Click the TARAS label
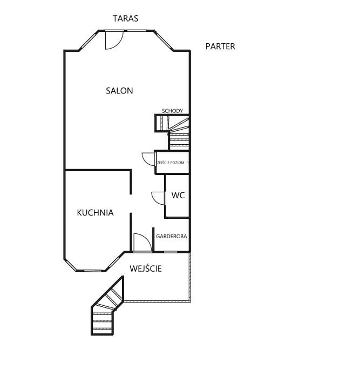point(125,18)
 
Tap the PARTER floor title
point(220,46)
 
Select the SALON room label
point(119,91)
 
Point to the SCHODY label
point(172,111)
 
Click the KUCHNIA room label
point(95,213)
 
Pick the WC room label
point(178,196)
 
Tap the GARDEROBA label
point(171,237)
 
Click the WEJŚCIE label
point(146,268)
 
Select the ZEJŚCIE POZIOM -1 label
point(173,163)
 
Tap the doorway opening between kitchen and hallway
point(131,204)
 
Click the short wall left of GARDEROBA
point(153,240)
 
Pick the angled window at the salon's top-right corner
point(164,41)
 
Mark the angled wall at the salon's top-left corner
point(89,41)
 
